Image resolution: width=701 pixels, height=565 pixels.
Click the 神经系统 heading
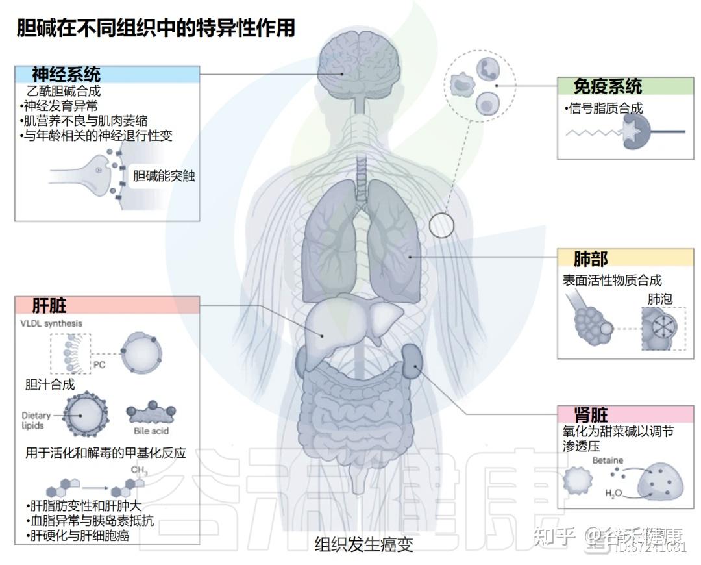pos(66,74)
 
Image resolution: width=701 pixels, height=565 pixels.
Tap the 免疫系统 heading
pos(607,86)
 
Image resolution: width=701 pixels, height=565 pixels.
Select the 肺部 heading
pos(591,258)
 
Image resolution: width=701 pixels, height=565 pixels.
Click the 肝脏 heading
pos(49,305)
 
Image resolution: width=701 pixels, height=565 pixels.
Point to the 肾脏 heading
pos(591,414)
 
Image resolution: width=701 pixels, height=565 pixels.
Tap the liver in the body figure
pos(350,321)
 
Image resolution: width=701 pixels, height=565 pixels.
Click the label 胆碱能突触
pos(164,175)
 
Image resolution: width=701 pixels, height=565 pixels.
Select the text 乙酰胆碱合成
pos(64,91)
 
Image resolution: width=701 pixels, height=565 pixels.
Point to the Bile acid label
pos(151,431)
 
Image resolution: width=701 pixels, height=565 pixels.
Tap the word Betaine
pos(608,460)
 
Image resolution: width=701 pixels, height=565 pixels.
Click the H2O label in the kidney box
pos(613,494)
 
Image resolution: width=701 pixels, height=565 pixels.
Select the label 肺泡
pos(659,299)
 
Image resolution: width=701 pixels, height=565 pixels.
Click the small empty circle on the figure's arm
pos(441,225)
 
